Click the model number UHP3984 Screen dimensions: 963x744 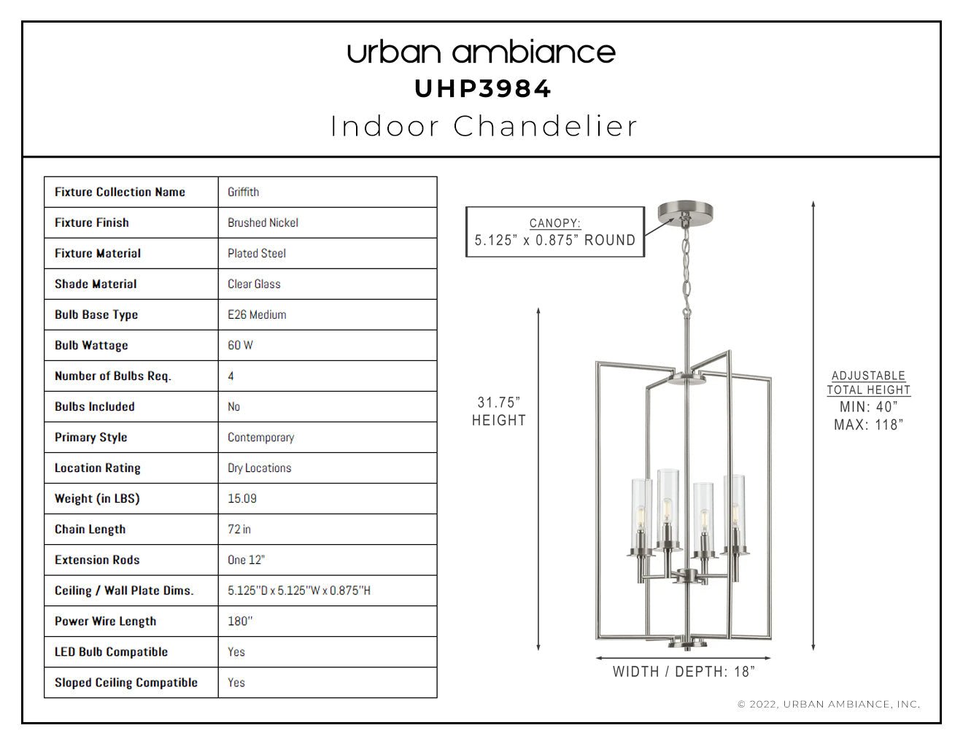click(482, 89)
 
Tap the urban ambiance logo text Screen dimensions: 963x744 click(481, 53)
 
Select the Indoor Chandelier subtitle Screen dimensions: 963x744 click(484, 126)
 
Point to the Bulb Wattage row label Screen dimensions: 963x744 click(91, 345)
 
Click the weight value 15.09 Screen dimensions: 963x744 click(242, 498)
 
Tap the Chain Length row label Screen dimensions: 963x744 click(90, 529)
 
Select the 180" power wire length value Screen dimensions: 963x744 click(240, 621)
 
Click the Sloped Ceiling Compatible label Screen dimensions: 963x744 click(126, 683)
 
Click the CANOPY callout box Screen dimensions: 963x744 click(555, 232)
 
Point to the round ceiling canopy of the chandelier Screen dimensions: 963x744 click(685, 211)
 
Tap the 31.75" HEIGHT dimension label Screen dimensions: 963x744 click(498, 411)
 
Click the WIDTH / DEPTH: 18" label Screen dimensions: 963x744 click(684, 672)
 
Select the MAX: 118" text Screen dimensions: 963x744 click(869, 425)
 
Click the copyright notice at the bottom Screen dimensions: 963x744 click(829, 705)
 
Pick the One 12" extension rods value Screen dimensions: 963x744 click(246, 559)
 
